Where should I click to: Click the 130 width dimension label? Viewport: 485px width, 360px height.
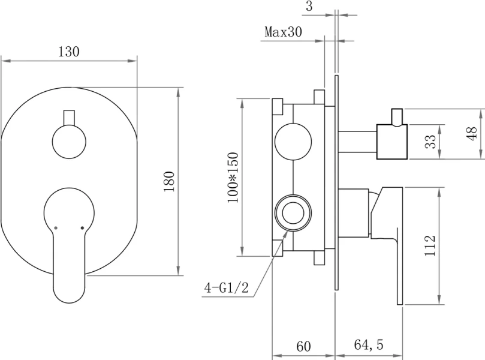(x=69, y=52)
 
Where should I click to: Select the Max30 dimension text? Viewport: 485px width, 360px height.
(x=283, y=32)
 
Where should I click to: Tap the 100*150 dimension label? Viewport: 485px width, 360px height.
(x=233, y=178)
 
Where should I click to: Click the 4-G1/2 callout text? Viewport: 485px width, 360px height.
(x=227, y=288)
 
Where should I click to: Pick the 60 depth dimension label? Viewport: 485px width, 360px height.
(x=304, y=346)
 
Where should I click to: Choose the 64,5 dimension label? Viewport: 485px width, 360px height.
(x=369, y=346)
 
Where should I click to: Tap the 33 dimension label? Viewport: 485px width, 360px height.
(x=430, y=142)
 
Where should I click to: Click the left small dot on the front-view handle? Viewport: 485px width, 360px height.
(x=55, y=228)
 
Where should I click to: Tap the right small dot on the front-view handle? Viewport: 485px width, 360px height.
(x=82, y=228)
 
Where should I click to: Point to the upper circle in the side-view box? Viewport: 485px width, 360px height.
(x=293, y=142)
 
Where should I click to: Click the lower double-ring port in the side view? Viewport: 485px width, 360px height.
(x=293, y=212)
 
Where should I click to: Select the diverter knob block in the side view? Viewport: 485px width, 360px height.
(x=391, y=142)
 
